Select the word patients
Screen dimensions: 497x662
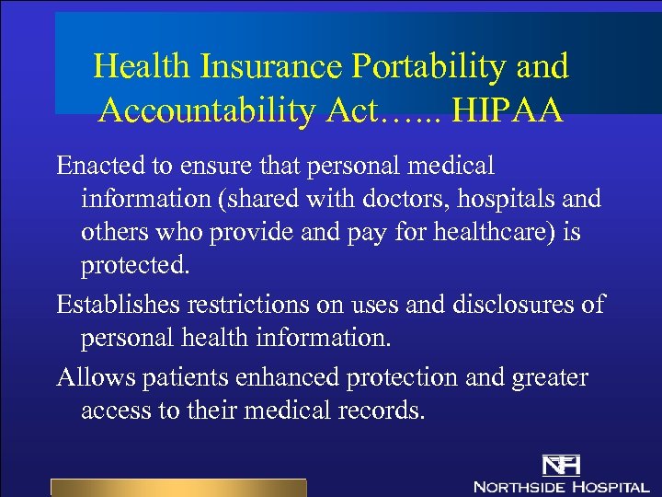pos(180,377)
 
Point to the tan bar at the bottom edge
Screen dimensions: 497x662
pos(177,488)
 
